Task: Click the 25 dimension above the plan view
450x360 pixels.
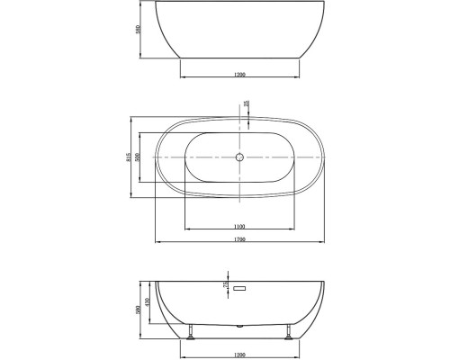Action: tap(247, 103)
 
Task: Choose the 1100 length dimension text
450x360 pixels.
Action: tap(240, 226)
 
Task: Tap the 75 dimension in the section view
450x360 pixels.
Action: tap(223, 285)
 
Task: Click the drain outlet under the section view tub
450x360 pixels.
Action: tap(240, 323)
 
